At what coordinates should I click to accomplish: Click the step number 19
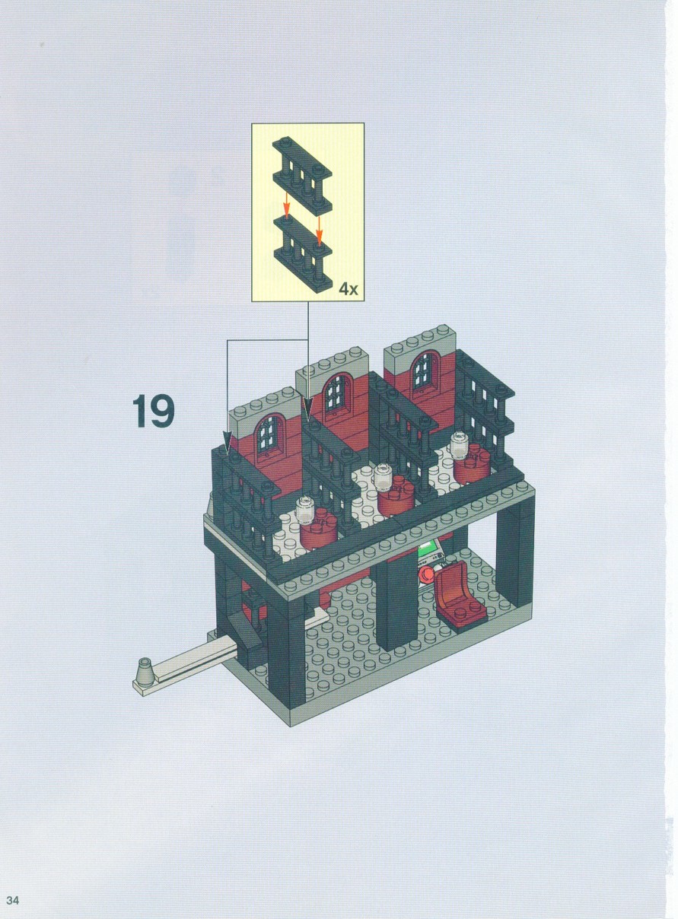tap(153, 411)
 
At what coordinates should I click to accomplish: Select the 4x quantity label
tap(348, 290)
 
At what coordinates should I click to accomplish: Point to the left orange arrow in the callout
tap(287, 205)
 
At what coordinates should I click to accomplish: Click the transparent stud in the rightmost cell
tap(459, 445)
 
